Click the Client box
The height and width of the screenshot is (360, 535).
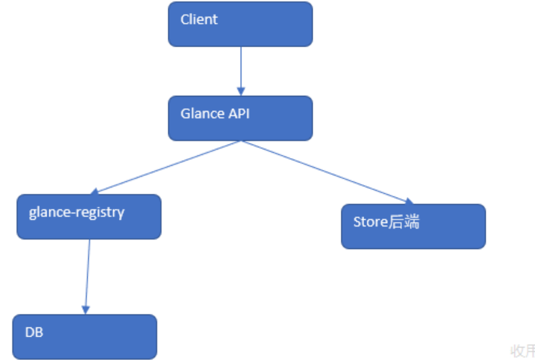[x=240, y=24]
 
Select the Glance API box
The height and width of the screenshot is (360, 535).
[x=240, y=118]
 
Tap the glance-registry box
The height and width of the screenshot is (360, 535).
[x=89, y=216]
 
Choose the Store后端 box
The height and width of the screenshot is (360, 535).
[x=413, y=227]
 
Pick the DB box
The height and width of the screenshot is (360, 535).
[x=84, y=336]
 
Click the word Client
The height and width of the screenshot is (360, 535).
[x=199, y=19]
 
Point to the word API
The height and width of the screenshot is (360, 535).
[x=237, y=114]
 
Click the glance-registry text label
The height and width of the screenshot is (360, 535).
[x=76, y=213]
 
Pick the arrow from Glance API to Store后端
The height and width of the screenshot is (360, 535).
[x=324, y=172]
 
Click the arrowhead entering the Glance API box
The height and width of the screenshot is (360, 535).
[x=240, y=91]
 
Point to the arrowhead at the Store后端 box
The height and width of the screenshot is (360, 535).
[x=409, y=201]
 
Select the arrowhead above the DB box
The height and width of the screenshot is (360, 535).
[x=86, y=309]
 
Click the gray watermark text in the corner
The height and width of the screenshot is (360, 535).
[x=522, y=351]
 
